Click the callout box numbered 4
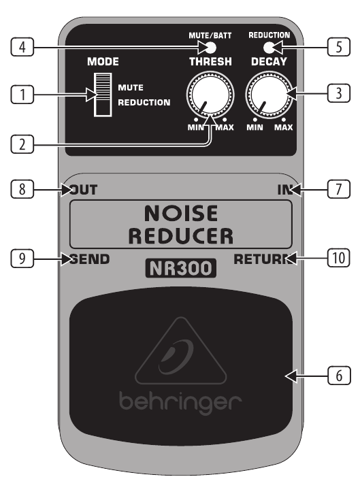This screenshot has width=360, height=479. point(22,47)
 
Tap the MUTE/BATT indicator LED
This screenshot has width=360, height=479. point(210,48)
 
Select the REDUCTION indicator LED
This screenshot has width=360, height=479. point(269,48)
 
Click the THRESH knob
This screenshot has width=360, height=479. point(210,95)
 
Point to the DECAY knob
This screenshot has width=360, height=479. point(269,95)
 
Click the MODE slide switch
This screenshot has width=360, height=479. point(102,95)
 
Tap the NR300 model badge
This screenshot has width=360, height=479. point(180,268)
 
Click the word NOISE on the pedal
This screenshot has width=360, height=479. point(181,213)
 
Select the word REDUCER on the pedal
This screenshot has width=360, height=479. point(181,236)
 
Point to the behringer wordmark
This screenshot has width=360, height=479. point(180,403)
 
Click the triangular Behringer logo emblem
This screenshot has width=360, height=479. point(181,350)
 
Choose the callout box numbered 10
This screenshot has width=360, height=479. point(339,258)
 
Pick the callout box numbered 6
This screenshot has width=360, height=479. point(339,376)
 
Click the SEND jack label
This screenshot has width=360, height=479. point(90,259)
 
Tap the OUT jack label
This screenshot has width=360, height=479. point(84,190)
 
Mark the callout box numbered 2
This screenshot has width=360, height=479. point(22,144)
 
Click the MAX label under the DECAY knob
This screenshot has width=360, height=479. point(283,127)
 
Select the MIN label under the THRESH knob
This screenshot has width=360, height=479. point(195,127)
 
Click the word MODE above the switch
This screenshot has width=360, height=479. point(103,62)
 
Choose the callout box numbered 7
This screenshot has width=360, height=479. point(339,189)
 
